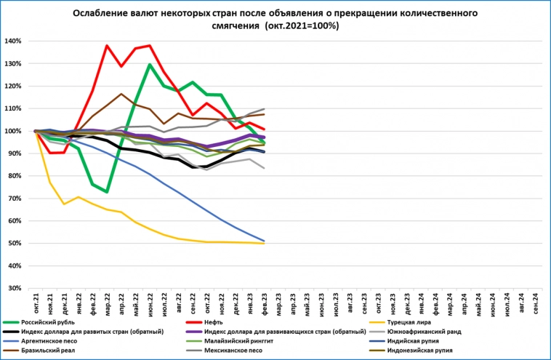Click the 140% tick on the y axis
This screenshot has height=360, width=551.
pos(13,41)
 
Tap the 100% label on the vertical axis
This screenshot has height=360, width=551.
pos(13,132)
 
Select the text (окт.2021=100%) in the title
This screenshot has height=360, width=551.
pos(299,25)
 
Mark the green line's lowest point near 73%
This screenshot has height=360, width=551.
pos(107,192)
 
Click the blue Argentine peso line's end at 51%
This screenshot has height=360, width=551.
pos(263,241)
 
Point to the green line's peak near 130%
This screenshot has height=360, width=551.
pos(150,65)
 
